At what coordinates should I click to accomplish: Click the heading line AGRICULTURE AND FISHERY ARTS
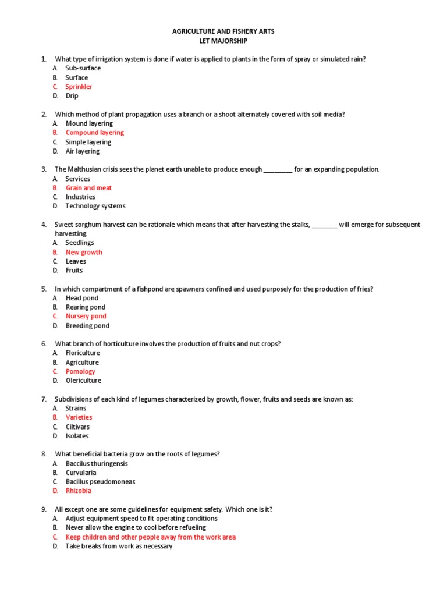pos(223,31)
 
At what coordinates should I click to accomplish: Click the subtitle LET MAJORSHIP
pos(223,41)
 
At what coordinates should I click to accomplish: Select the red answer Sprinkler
pos(79,87)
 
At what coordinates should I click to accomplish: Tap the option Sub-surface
pos(83,68)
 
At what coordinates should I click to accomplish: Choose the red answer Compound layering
pos(94,133)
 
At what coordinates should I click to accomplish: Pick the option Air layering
pos(82,151)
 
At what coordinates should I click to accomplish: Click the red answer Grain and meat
pos(88,188)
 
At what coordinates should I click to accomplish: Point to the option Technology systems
pos(95,206)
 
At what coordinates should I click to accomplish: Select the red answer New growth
pos(84,252)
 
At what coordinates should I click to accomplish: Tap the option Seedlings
pos(80,243)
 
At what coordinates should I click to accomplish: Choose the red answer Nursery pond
pos(86,316)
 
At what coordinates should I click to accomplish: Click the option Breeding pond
pos(87,326)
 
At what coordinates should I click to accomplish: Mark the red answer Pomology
pos(80,371)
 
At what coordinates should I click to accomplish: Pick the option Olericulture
pos(83,381)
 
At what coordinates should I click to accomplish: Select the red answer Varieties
pos(79,417)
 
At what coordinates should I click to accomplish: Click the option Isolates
pos(77,436)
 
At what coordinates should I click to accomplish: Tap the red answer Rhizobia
pos(79,491)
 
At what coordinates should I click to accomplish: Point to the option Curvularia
pos(81,473)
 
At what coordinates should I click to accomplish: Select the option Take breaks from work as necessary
pos(119,547)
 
